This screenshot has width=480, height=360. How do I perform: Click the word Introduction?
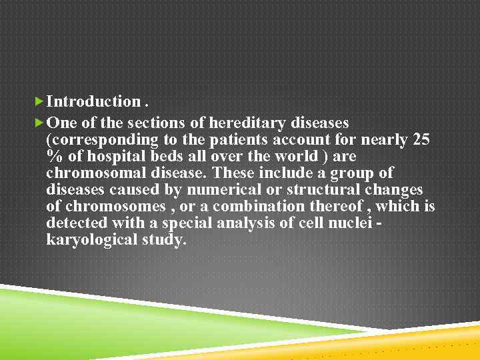click(x=93, y=102)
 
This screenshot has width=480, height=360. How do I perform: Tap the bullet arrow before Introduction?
click(x=39, y=101)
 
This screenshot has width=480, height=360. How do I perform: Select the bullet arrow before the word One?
click(x=39, y=123)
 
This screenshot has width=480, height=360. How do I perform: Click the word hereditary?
click(x=247, y=123)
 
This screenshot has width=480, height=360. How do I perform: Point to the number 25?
click(x=421, y=140)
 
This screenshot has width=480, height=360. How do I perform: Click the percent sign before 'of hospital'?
click(x=54, y=157)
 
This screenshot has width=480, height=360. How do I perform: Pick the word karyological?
click(x=87, y=240)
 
